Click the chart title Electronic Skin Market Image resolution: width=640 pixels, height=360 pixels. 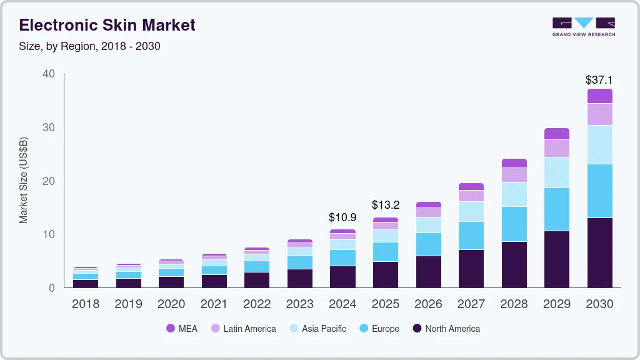point(107,25)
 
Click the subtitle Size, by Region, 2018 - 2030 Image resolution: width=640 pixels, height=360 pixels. point(89,46)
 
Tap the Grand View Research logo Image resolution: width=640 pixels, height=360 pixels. point(583,26)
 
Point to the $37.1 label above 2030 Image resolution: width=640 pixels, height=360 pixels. point(599,80)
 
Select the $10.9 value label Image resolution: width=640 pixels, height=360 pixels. point(342,217)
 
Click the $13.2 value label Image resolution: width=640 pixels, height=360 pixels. point(385,205)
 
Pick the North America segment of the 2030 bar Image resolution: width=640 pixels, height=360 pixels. point(599,252)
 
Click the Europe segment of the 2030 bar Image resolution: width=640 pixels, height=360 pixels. point(599,191)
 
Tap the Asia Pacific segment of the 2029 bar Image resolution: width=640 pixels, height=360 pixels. point(556,172)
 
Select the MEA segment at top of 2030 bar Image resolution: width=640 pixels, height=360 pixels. point(599,96)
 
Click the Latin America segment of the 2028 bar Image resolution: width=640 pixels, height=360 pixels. point(514,175)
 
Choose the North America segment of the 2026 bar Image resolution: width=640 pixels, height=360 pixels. point(428,271)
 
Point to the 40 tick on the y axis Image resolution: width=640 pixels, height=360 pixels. point(49,74)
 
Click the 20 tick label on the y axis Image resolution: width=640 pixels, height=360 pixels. point(49,181)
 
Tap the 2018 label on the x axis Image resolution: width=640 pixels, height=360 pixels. point(85,304)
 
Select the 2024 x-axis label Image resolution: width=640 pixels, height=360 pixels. point(342,304)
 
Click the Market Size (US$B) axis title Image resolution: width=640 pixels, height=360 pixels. point(24,180)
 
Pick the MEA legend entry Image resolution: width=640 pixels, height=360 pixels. point(182,329)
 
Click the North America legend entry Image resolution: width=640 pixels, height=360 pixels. point(446,329)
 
